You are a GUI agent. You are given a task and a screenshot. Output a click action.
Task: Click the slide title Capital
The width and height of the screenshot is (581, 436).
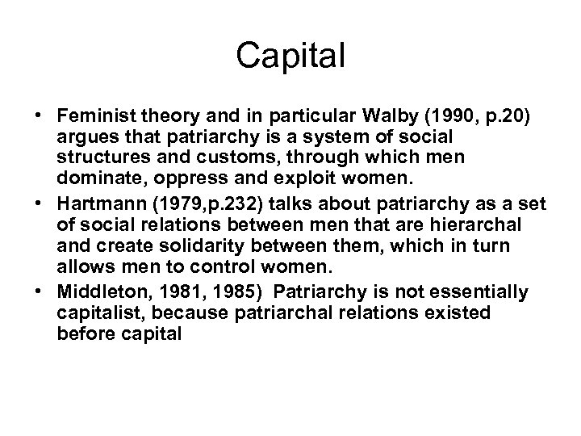tap(290, 56)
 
